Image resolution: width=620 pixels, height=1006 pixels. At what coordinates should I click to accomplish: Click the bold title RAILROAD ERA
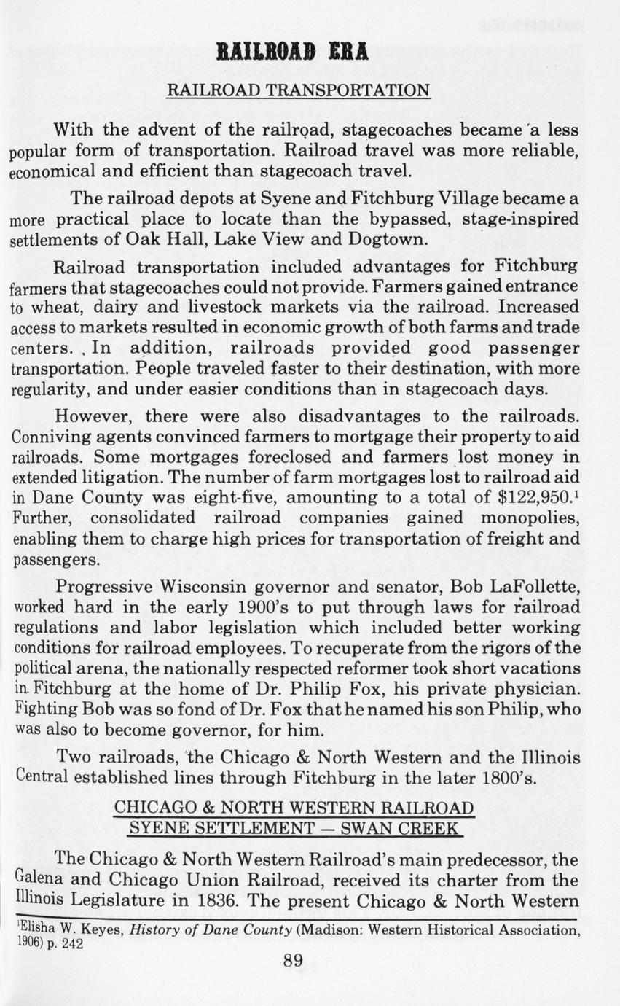point(292,52)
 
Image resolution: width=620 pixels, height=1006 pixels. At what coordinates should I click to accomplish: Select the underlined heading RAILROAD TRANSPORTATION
point(299,90)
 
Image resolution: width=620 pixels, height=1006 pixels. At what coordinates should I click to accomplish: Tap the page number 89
point(293,960)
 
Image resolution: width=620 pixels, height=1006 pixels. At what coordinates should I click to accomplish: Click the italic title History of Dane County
point(206,929)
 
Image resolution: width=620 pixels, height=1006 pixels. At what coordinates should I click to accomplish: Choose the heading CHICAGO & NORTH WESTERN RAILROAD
point(294,808)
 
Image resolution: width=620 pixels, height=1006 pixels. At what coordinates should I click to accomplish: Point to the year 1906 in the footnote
point(28,943)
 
